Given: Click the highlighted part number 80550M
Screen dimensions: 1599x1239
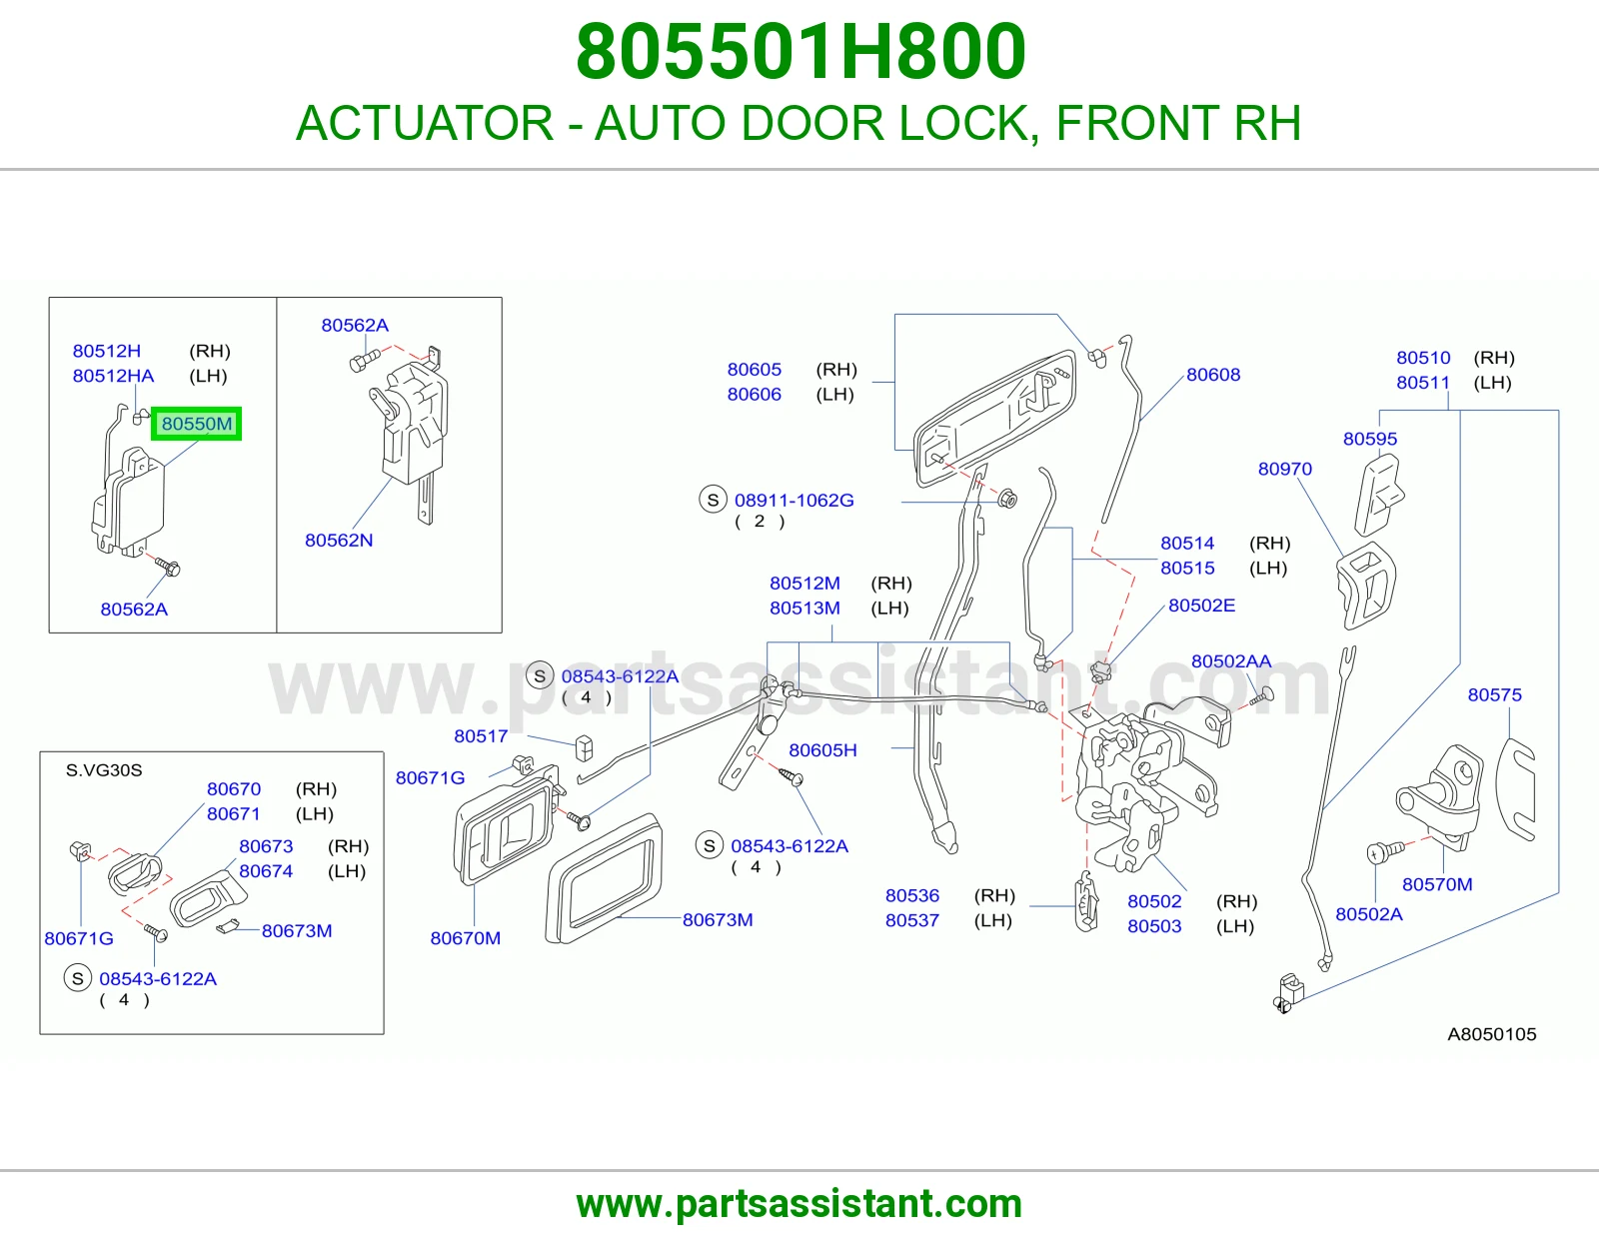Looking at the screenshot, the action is coord(197,424).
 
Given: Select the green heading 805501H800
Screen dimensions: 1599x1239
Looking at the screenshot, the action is coord(800,51).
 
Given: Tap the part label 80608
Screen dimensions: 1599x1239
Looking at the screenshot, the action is coord(1212,375).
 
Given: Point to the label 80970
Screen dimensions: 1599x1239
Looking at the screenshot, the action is coord(1285,469).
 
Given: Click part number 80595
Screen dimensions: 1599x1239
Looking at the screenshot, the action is coord(1369,439).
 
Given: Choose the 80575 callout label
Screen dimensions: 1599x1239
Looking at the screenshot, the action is coord(1494,694).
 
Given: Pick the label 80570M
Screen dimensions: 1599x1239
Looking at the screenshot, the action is coord(1437,884).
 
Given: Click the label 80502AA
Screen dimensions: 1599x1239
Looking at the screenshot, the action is coord(1231,661).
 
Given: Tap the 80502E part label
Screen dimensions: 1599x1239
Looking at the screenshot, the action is coord(1201,606).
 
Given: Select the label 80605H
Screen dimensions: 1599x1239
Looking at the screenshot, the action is coord(822,750).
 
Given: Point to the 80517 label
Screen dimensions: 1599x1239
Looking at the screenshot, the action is coord(481,736).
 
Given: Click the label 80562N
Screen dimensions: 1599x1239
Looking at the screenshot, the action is coord(339,540).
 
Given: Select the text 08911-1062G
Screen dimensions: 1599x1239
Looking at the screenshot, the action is coord(794,501).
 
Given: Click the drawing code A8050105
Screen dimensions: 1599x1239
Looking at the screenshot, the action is coord(1491,1034).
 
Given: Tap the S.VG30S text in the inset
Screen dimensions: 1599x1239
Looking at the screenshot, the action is coord(104,770).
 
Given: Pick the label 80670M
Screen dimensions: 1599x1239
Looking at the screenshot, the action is coord(465,938).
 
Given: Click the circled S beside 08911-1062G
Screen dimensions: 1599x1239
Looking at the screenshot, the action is coord(713,501).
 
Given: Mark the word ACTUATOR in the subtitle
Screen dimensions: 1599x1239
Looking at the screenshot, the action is coord(425,123).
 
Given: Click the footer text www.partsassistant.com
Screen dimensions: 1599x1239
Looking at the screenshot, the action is coord(799,1204).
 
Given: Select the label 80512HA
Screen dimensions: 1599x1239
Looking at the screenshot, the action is coord(113,376).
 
